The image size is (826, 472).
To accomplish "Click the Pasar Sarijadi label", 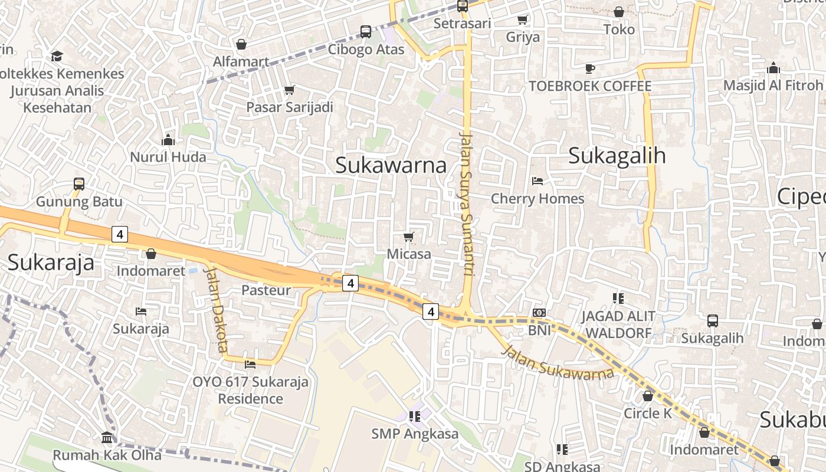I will pyautogui.click(x=290, y=107).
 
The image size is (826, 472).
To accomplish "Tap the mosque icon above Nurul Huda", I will pyautogui.click(x=168, y=140).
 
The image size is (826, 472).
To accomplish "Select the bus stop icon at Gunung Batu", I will pyautogui.click(x=79, y=184).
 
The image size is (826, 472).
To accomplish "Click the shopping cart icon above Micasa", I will pyautogui.click(x=408, y=237).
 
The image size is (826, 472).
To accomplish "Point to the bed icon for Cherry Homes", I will pyautogui.click(x=537, y=181).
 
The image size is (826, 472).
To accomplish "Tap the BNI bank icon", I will pyautogui.click(x=539, y=313).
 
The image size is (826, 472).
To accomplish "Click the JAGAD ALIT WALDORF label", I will pyautogui.click(x=618, y=324).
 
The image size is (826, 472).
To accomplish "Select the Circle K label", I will pyautogui.click(x=648, y=413).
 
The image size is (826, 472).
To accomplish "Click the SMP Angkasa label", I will pyautogui.click(x=415, y=434).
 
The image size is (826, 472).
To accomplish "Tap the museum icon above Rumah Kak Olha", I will pyautogui.click(x=107, y=438).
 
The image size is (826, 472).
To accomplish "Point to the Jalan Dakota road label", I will pyautogui.click(x=215, y=309).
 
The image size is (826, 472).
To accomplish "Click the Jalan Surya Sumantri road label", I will pyautogui.click(x=467, y=204).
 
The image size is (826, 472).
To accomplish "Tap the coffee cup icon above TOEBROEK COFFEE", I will pyautogui.click(x=589, y=68).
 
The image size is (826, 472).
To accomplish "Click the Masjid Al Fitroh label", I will pyautogui.click(x=772, y=86).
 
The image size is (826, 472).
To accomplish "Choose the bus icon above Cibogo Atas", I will pyautogui.click(x=366, y=32).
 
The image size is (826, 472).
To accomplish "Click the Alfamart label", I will pyautogui.click(x=241, y=61).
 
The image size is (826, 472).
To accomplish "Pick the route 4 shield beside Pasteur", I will pyautogui.click(x=350, y=283).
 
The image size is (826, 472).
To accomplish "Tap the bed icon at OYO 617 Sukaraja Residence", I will pyautogui.click(x=250, y=364).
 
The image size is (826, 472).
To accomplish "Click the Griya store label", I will pyautogui.click(x=523, y=37).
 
